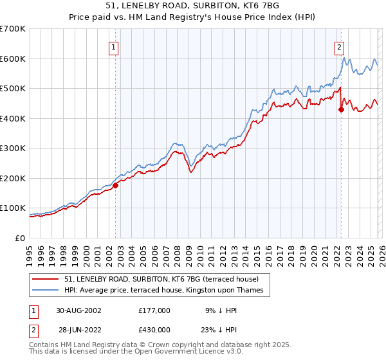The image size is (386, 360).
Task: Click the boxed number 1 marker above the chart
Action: tap(113, 46)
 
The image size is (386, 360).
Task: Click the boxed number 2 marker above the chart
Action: tap(338, 46)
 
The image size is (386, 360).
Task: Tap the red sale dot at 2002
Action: tap(116, 185)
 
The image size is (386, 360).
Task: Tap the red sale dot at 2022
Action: tap(341, 110)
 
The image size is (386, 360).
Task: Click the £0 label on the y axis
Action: tap(19, 238)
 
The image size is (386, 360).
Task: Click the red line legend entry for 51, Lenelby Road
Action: tap(161, 279)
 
